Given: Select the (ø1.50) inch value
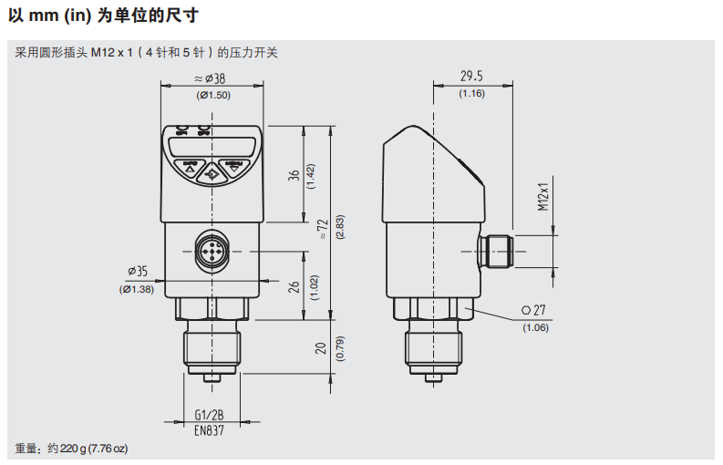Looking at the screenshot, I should point(213,95).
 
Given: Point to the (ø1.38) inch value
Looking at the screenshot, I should point(137,289).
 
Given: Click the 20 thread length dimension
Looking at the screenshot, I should point(318,348).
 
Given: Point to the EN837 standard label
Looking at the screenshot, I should point(209,429).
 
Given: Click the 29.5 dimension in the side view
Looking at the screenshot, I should point(471,77).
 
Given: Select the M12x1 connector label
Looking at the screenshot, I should point(542,196).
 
